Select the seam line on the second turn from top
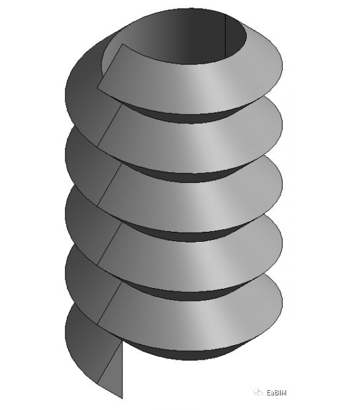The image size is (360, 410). (109, 126)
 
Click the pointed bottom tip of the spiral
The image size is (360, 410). (122, 397)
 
